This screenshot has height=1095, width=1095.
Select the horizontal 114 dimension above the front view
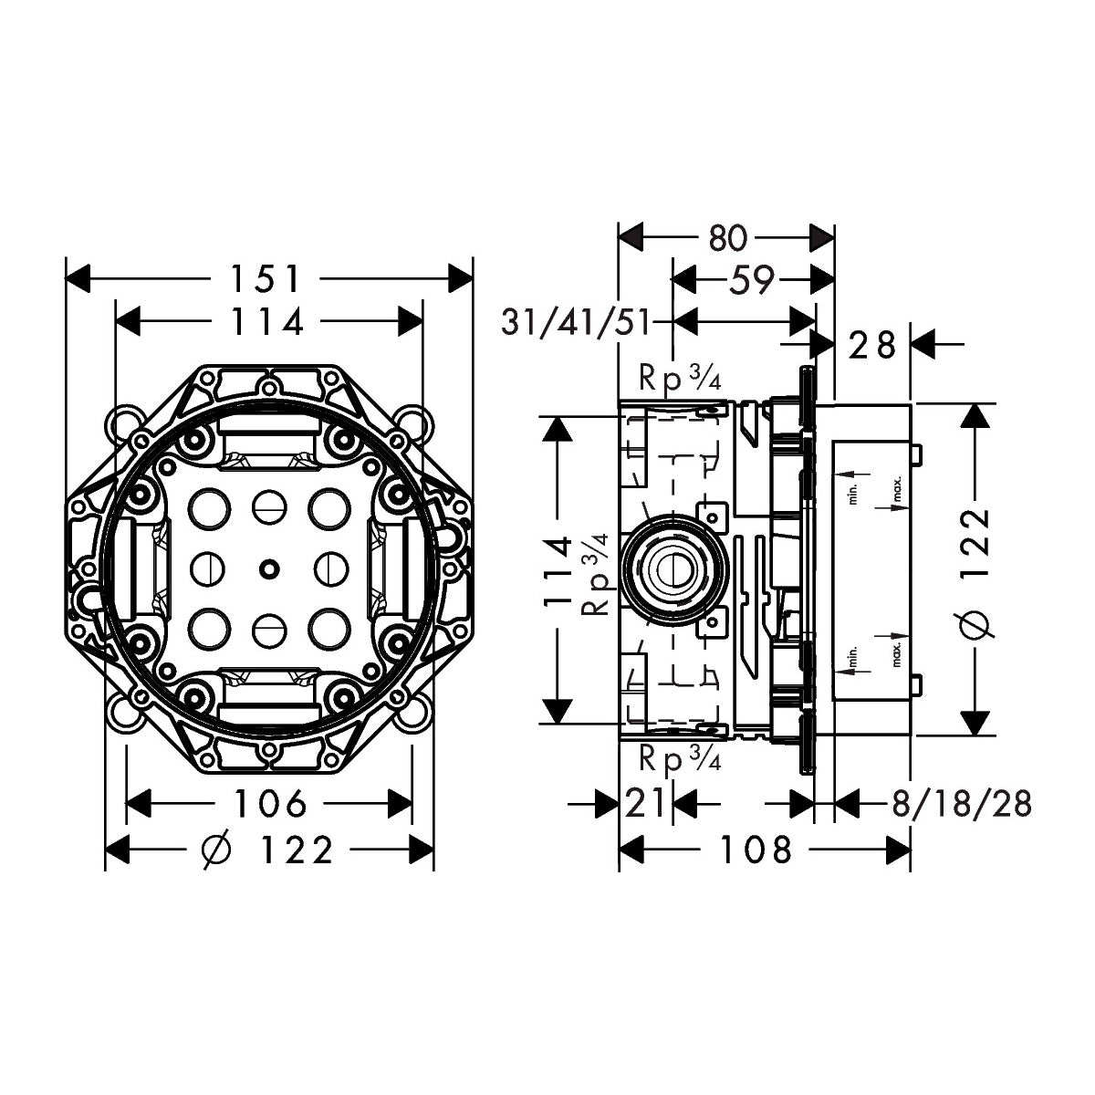click(266, 321)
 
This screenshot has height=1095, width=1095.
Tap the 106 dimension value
click(269, 804)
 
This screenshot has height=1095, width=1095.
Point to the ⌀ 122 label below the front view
click(267, 850)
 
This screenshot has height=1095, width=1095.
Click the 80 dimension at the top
click(727, 238)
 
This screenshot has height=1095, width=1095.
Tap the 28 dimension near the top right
click(873, 345)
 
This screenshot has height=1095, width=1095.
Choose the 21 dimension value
click(646, 804)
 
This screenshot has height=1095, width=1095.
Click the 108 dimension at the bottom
click(756, 850)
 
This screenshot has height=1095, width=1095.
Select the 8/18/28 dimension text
click(961, 804)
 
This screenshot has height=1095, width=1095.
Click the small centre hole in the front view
click(267, 568)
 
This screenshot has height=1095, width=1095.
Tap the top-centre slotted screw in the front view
click(267, 504)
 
